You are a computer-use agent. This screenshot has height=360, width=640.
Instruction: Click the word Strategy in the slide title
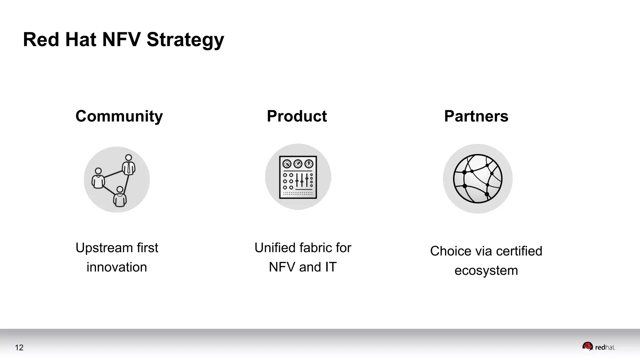pos(185,40)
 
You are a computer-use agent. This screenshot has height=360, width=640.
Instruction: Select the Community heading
pos(119,116)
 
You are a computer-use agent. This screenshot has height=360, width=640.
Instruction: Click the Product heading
pos(297,116)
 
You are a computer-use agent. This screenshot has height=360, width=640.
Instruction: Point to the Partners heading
pos(476,116)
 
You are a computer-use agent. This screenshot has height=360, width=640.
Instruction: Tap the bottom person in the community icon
pos(120,197)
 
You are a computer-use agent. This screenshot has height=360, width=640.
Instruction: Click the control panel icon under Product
pos(298,177)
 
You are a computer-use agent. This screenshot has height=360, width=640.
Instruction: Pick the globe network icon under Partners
pos(477,179)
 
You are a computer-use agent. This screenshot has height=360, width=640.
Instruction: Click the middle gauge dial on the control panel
pos(298,163)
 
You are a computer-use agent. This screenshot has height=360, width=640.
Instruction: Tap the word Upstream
pos(100,248)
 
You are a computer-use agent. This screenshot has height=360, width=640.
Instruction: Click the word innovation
pos(117,267)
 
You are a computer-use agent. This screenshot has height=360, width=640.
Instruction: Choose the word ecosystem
pos(486,271)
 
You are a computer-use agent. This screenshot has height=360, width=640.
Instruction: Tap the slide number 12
pos(19,347)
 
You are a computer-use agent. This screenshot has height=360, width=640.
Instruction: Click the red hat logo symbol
pos(587,347)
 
